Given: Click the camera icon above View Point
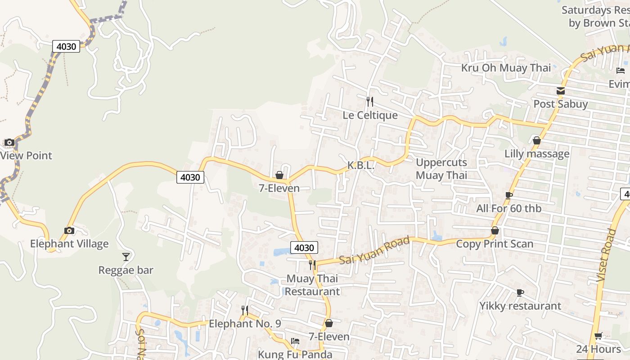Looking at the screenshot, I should [9, 143].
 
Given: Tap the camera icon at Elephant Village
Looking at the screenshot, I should [69, 231].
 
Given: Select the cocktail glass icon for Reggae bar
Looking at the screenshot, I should [126, 257].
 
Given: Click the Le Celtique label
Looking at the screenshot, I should [370, 115].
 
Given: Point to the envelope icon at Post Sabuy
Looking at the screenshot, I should [560, 91].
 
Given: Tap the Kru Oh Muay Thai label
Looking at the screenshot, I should [506, 68].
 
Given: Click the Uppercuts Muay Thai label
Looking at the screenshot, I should [441, 169].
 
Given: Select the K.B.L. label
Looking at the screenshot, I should [360, 166].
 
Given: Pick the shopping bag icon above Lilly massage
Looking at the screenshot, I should [536, 141].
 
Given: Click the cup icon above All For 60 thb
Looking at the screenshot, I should [509, 195].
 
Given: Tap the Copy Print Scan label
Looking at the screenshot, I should [495, 244].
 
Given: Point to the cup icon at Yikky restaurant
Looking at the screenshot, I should [520, 293].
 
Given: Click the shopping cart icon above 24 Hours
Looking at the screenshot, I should [598, 336].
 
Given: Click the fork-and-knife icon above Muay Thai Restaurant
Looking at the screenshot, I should [312, 265].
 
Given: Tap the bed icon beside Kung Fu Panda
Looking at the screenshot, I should [295, 341].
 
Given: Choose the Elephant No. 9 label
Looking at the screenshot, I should [245, 324].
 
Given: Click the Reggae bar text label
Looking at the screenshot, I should [126, 270].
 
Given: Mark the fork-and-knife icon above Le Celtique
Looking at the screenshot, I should [370, 102].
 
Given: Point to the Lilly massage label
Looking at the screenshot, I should [536, 154].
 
